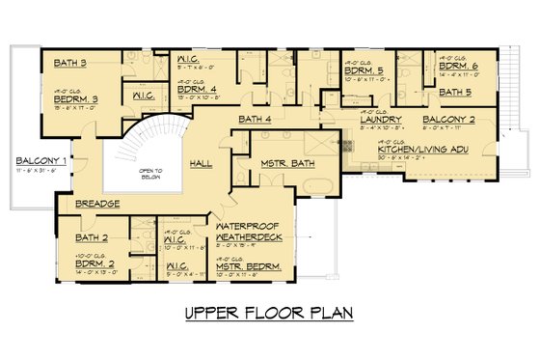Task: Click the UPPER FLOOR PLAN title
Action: tap(270, 313)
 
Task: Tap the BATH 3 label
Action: tap(70, 64)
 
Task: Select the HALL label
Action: tap(202, 164)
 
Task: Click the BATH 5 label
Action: tap(455, 93)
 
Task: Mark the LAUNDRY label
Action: tap(381, 120)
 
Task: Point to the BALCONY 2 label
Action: tap(447, 120)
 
